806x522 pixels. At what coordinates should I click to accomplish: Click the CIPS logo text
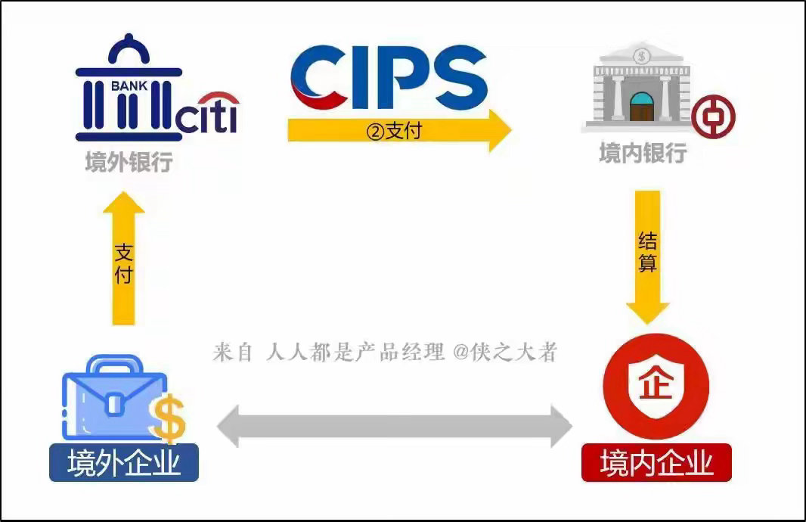point(389,77)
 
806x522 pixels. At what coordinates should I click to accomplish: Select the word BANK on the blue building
point(129,86)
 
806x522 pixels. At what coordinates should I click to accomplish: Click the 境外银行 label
point(129,161)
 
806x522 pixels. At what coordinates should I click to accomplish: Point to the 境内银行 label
point(643,153)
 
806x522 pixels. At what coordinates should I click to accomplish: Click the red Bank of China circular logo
point(713,117)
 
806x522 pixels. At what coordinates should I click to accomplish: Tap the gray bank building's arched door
point(641,107)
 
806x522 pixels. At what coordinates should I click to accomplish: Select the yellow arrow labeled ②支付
point(399,131)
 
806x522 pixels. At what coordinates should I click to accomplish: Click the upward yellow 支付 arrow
point(124,259)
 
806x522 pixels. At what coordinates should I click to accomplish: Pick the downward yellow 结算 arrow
point(648,257)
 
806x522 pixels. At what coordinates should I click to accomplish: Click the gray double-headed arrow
point(394,427)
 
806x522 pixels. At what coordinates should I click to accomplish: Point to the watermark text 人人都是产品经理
point(355,353)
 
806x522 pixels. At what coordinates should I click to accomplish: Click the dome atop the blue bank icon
point(129,51)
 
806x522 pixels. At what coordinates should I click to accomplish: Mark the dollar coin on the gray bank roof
point(641,55)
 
